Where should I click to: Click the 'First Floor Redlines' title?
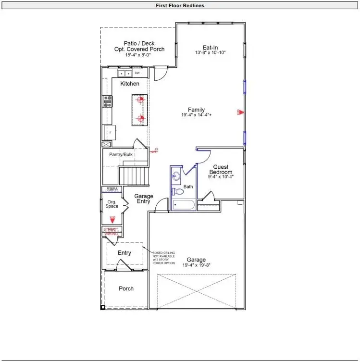(x=180, y=6)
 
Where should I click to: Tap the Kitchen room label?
(x=130, y=84)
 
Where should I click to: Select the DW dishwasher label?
(x=137, y=73)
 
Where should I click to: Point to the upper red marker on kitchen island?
(x=141, y=100)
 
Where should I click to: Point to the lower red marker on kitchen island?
(x=141, y=118)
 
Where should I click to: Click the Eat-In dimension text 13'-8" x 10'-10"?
(x=211, y=52)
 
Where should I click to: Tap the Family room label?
(x=197, y=110)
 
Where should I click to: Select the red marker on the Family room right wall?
(x=241, y=112)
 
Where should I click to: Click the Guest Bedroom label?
(x=221, y=169)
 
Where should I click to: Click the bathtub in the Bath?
(x=183, y=205)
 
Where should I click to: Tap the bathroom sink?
(x=175, y=175)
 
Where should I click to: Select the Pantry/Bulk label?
(x=121, y=154)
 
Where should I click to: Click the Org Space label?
(x=112, y=203)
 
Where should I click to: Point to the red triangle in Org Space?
(x=112, y=220)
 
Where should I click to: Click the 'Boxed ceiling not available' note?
(x=164, y=258)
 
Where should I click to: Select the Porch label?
(x=126, y=288)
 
